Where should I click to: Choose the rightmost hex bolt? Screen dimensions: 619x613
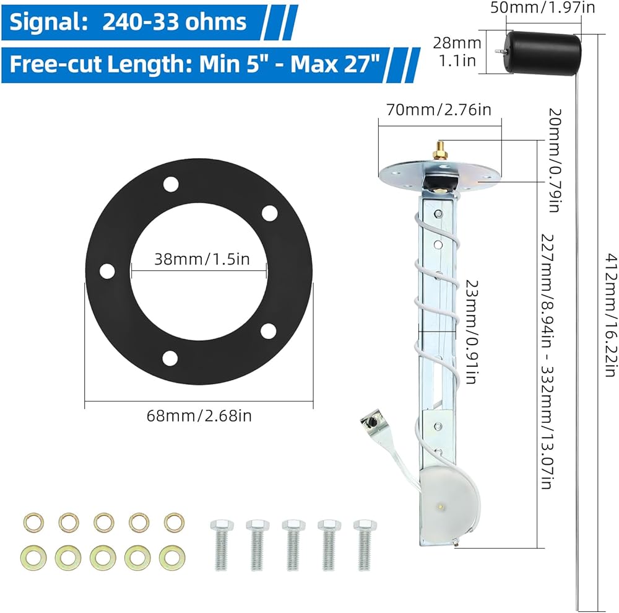click(364, 545)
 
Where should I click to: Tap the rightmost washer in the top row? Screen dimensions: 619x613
click(173, 521)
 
